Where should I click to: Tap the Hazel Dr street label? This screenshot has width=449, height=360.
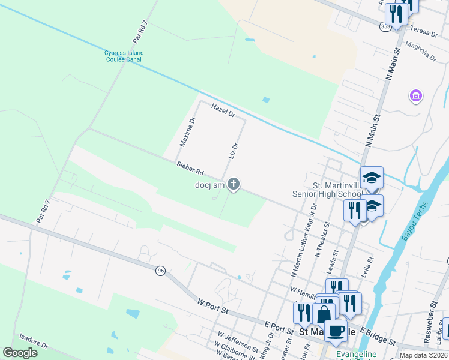[222, 109]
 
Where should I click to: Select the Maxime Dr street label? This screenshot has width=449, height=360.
[188, 132]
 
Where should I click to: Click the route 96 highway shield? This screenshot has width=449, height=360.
[160, 271]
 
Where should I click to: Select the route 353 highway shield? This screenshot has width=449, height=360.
[384, 26]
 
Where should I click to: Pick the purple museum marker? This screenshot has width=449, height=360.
[415, 95]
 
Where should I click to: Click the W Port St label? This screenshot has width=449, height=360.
[213, 305]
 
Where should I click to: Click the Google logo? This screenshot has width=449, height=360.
[20, 353]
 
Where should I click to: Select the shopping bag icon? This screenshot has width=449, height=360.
[324, 314]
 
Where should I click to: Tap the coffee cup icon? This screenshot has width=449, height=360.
[336, 329]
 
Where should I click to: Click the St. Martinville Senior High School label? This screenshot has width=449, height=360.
[327, 189]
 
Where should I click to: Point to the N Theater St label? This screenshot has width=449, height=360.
[322, 239]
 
